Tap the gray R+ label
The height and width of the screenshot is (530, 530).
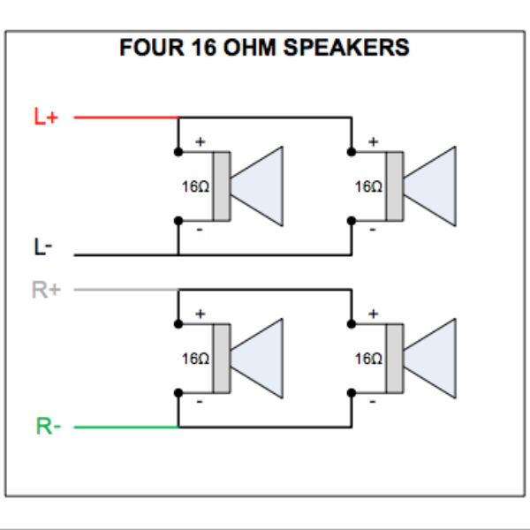(x=47, y=289)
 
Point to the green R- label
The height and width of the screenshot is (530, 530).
(x=48, y=427)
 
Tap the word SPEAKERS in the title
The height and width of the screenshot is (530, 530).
(x=359, y=48)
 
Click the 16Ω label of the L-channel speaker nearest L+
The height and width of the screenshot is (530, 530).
(x=195, y=187)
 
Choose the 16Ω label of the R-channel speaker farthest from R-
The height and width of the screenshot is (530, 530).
(x=368, y=360)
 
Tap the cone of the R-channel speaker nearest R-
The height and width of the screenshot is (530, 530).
(x=258, y=360)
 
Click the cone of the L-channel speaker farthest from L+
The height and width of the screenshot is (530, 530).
(x=431, y=187)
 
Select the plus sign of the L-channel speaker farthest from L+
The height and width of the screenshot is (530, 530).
(x=373, y=141)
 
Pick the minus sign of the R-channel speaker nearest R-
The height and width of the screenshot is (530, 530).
(x=200, y=402)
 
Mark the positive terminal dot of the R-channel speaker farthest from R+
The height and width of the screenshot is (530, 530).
(x=352, y=324)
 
